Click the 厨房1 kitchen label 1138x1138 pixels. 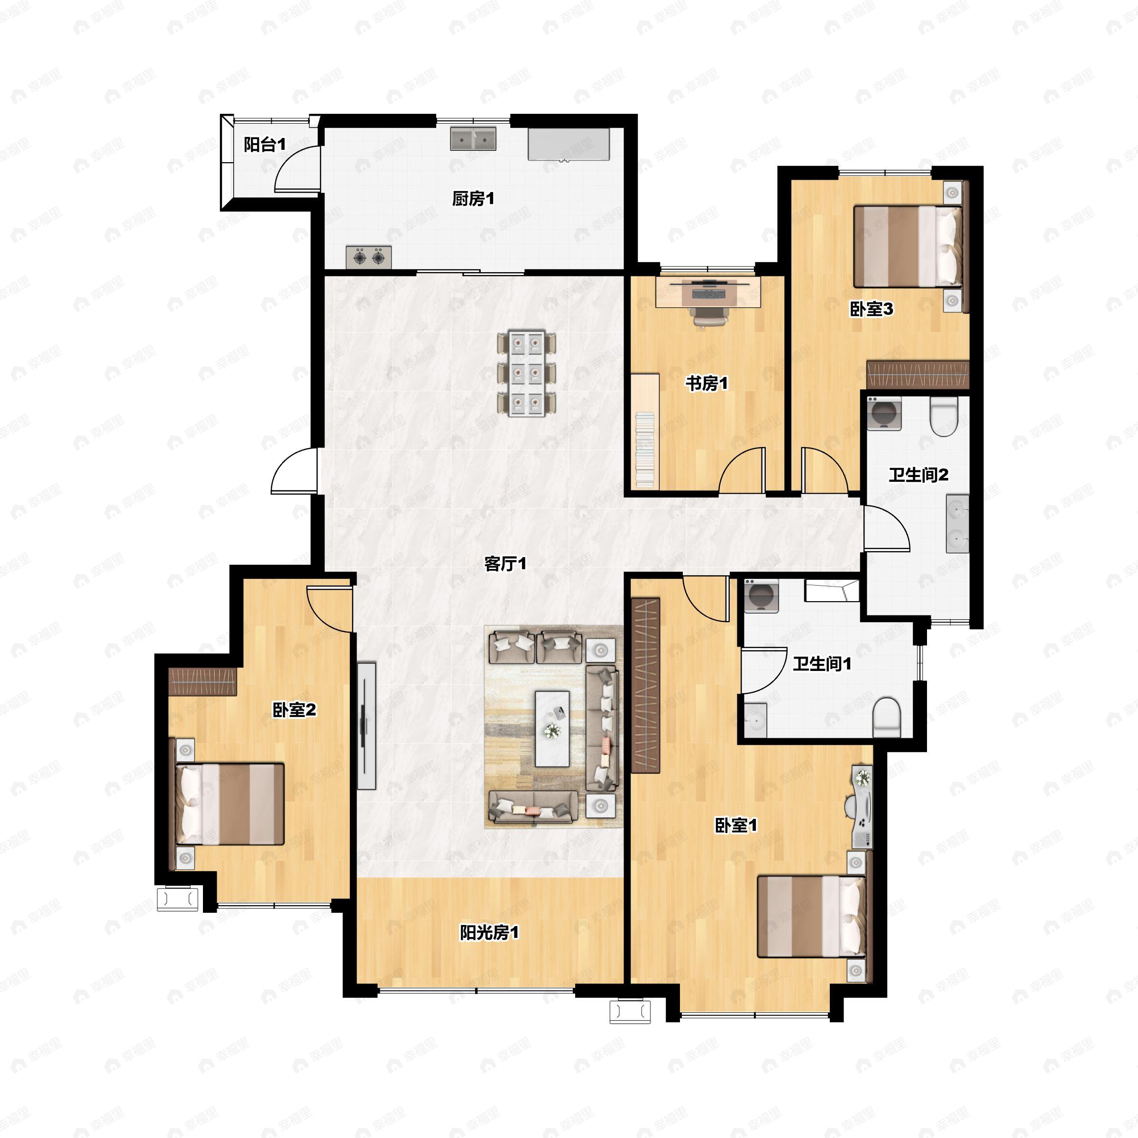(473, 199)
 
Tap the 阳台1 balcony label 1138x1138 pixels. (265, 144)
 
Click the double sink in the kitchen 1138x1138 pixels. (473, 139)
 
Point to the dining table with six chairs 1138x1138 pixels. (526, 374)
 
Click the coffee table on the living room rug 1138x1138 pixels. (552, 729)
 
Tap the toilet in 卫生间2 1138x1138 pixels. (944, 418)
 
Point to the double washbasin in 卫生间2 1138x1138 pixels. (957, 523)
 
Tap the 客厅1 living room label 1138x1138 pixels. (505, 564)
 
